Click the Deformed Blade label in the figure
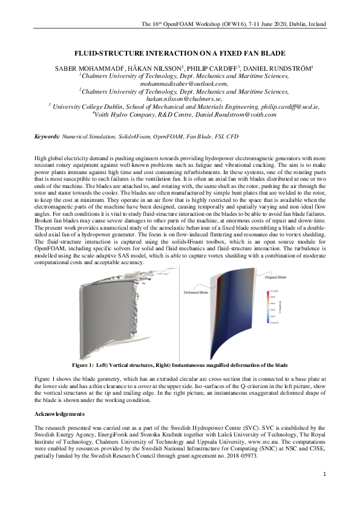tap(196, 292)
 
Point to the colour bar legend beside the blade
tap(267, 309)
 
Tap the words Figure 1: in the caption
tap(83, 366)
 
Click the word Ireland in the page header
tap(315, 24)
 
